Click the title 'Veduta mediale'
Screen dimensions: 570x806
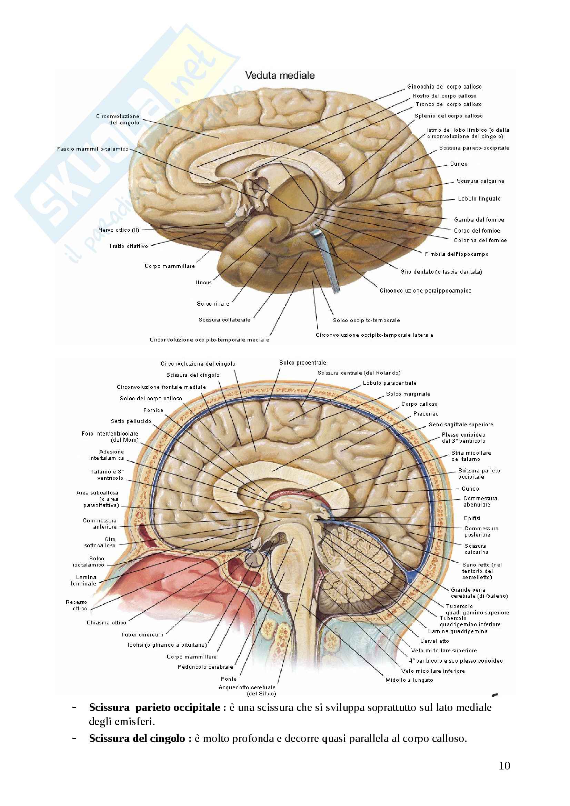click(280, 75)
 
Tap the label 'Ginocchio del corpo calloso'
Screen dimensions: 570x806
click(444, 87)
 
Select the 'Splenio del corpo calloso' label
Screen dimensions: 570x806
click(449, 116)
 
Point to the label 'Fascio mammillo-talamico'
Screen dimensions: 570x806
click(93, 149)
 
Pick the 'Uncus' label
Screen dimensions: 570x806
click(204, 282)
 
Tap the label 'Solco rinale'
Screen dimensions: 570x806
click(213, 304)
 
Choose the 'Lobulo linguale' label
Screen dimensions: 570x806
click(479, 199)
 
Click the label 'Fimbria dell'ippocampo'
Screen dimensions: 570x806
click(457, 254)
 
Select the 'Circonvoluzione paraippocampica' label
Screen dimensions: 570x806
click(425, 291)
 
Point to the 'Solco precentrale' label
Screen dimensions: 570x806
click(303, 363)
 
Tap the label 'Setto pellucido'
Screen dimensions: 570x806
click(131, 421)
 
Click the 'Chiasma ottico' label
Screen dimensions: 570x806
click(107, 623)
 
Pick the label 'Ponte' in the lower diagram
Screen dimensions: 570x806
click(228, 679)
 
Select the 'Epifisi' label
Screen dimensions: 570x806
click(472, 518)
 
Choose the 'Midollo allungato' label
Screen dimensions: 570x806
click(409, 680)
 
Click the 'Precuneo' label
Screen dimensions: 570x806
click(426, 414)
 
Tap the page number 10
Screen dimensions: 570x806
click(504, 766)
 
